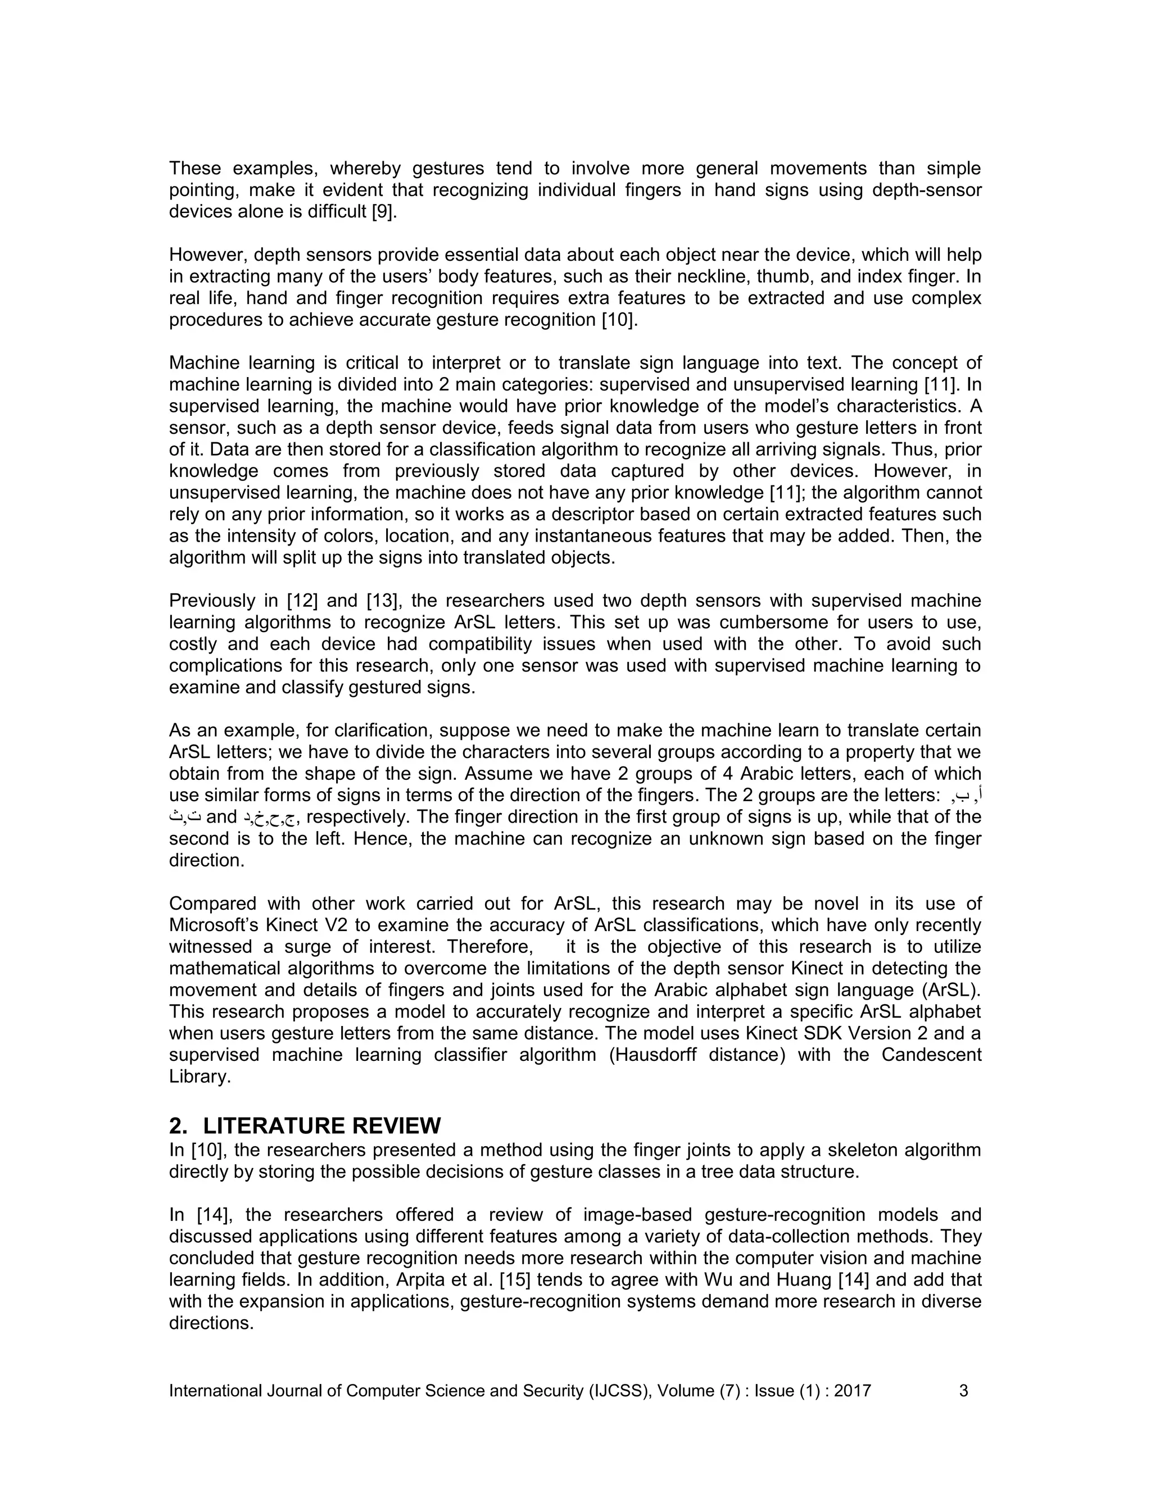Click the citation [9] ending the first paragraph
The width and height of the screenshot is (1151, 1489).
click(384, 212)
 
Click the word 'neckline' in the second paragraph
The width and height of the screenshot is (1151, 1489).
click(738, 277)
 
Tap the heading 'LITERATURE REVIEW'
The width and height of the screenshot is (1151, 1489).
click(322, 1125)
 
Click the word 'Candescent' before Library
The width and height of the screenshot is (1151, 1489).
click(931, 1055)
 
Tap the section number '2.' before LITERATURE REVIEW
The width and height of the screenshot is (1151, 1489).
click(178, 1125)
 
